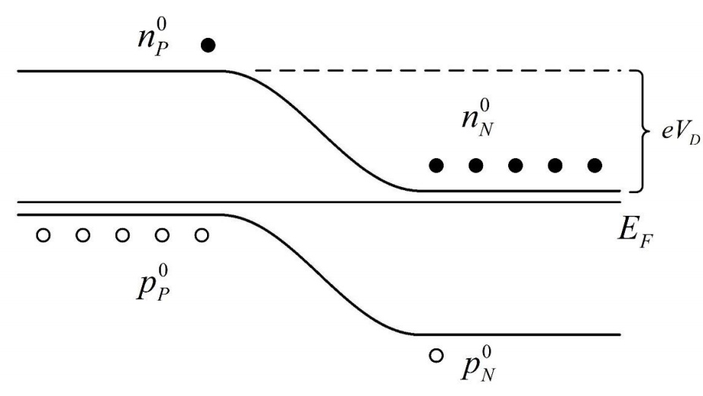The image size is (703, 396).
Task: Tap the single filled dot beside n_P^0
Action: click(x=209, y=45)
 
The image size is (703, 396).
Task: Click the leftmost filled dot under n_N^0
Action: click(x=436, y=165)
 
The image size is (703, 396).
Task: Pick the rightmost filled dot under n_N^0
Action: click(x=595, y=165)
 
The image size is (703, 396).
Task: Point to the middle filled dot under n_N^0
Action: click(x=516, y=165)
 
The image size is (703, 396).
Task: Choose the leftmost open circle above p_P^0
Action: click(x=43, y=236)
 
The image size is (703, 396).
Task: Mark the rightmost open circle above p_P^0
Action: click(x=201, y=236)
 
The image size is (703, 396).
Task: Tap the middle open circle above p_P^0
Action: click(x=122, y=236)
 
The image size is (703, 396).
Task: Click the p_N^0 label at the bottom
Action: click(x=479, y=365)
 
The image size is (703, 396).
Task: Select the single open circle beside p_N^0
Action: click(x=436, y=354)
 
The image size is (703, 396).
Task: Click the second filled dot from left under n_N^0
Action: click(x=475, y=165)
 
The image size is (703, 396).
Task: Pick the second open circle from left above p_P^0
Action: click(x=83, y=236)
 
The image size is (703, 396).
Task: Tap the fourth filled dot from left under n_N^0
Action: click(x=555, y=165)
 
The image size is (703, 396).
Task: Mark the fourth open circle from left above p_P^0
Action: click(x=162, y=236)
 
